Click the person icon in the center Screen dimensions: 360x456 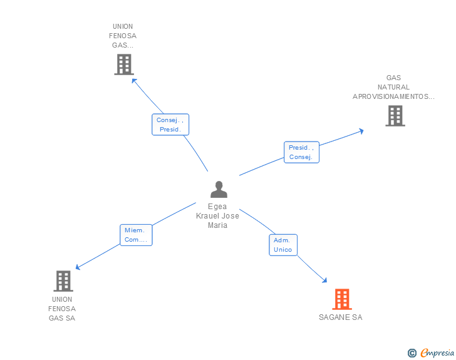click(x=219, y=189)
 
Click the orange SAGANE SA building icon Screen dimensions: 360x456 click(x=341, y=299)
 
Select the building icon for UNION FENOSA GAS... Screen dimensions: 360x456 click(x=124, y=64)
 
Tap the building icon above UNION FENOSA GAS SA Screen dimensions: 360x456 click(x=63, y=281)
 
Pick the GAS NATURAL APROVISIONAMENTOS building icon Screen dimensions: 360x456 click(x=395, y=116)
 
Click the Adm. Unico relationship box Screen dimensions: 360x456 click(x=283, y=245)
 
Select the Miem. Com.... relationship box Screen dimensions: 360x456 click(x=136, y=235)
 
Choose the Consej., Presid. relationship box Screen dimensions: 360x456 click(x=170, y=125)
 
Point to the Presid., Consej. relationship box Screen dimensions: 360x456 click(x=301, y=152)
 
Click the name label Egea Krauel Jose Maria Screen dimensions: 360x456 click(x=217, y=215)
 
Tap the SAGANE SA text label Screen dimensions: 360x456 click(x=340, y=317)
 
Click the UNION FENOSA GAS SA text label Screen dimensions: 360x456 click(x=62, y=309)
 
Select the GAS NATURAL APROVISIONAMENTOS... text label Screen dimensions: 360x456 click(x=393, y=87)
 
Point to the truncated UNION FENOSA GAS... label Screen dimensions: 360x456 click(x=123, y=36)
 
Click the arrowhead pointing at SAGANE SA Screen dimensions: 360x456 click(x=324, y=280)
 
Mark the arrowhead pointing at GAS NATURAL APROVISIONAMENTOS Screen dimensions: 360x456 click(x=361, y=131)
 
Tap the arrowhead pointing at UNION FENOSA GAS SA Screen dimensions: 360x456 click(x=78, y=267)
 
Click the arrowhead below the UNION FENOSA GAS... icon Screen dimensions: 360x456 click(x=133, y=80)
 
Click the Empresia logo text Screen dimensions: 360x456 click(x=437, y=352)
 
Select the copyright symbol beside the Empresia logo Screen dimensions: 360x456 click(x=412, y=353)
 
